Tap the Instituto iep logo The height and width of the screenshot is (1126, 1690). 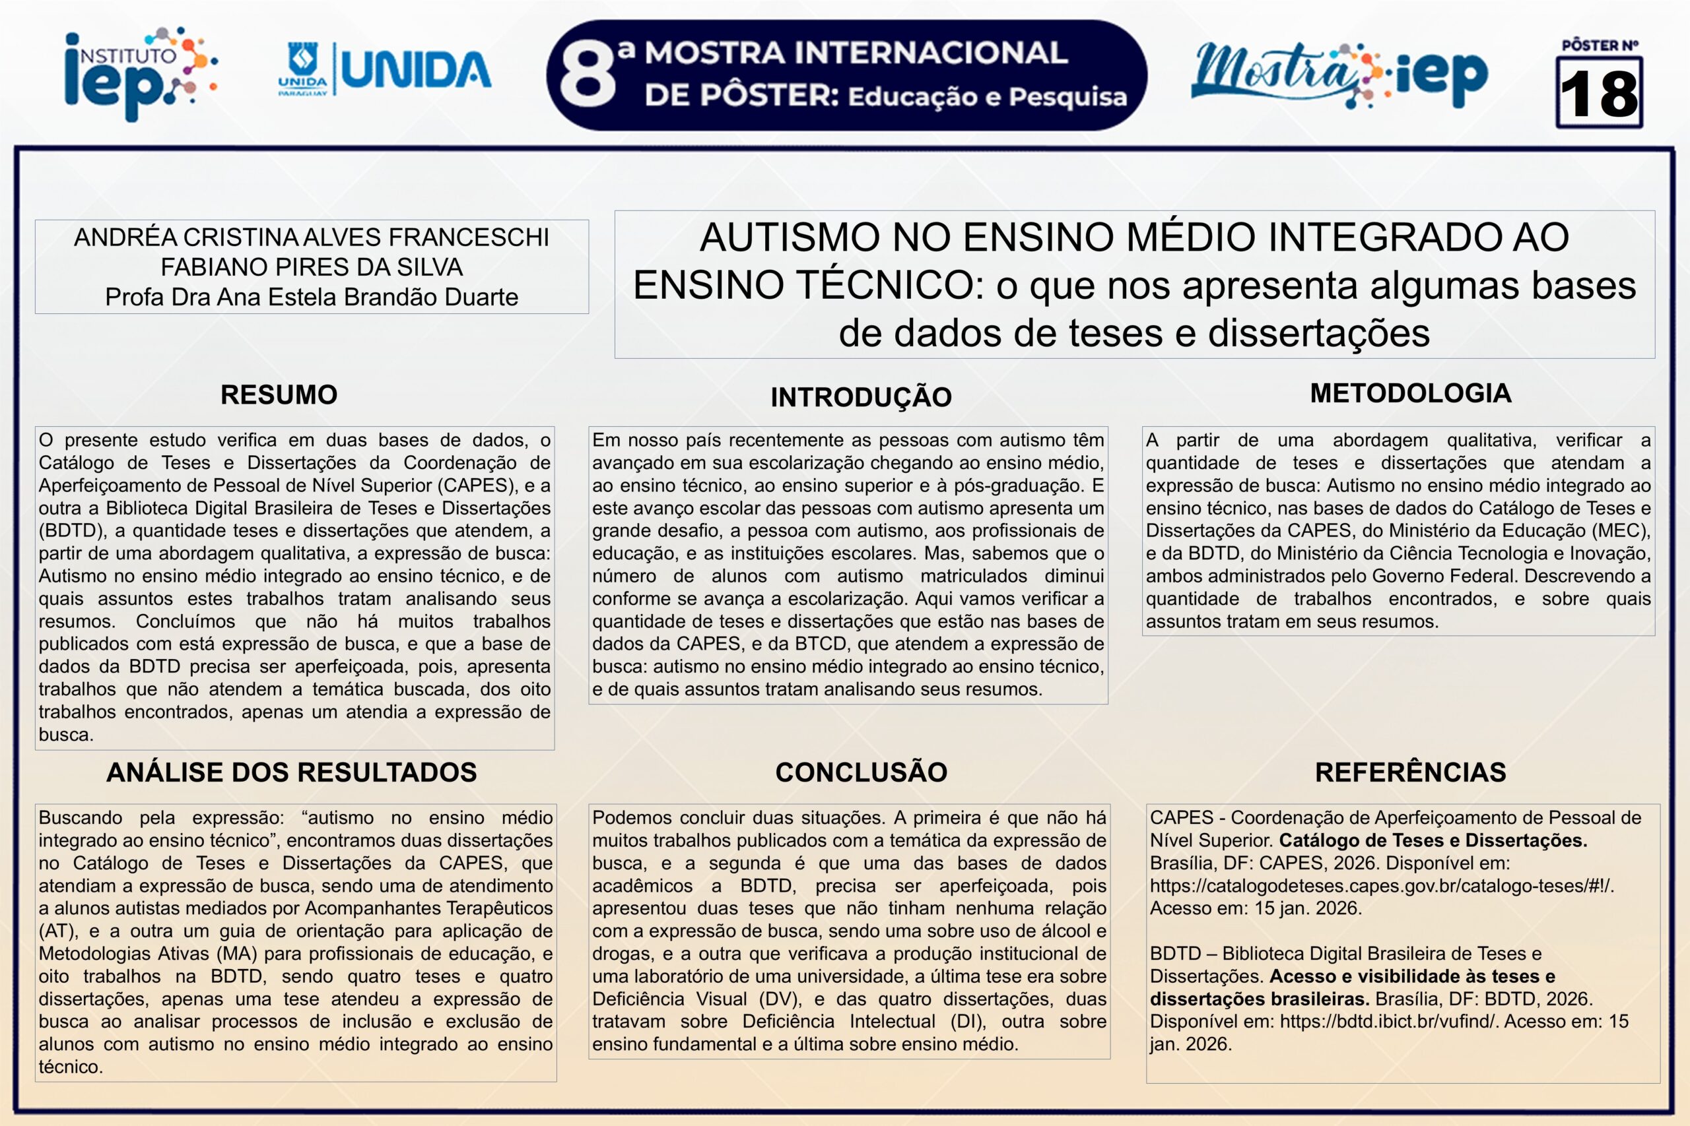pos(140,73)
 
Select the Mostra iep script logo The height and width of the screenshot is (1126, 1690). pos(1339,73)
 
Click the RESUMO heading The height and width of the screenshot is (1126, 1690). pos(279,395)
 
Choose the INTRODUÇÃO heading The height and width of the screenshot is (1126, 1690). pos(861,397)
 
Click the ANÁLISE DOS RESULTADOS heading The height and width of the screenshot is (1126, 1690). pos(292,772)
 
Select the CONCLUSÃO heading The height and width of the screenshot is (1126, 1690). pos(861,772)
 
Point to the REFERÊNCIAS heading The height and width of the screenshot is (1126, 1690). pos(1411,772)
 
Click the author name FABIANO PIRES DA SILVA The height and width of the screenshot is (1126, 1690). pos(311,267)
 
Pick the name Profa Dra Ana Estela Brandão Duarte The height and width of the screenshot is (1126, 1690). pos(311,297)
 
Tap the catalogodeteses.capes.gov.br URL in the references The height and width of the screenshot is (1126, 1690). pos(1381,886)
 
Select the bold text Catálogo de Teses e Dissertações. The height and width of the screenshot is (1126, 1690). pos(1433,841)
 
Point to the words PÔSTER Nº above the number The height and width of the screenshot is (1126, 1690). pos(1600,46)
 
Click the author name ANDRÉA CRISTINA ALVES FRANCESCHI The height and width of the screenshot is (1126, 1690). pos(311,237)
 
